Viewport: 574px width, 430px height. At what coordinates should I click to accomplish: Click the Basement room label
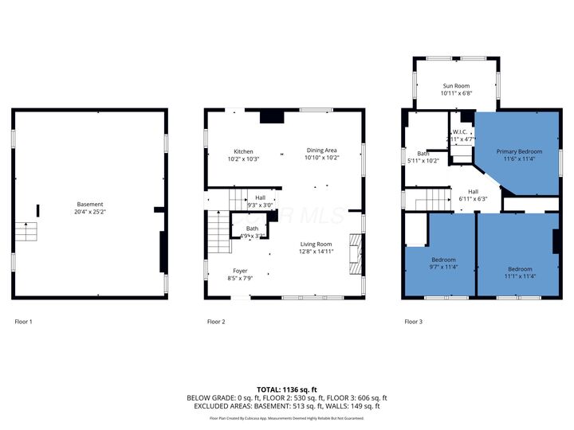click(x=89, y=205)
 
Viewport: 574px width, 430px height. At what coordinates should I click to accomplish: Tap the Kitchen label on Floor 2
click(x=243, y=151)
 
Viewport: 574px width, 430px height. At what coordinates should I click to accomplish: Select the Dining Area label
click(x=321, y=150)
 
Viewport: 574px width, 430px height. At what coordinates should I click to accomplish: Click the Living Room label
click(x=316, y=244)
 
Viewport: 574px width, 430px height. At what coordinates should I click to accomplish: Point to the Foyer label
click(x=240, y=271)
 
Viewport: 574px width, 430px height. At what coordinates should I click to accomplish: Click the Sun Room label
click(x=456, y=85)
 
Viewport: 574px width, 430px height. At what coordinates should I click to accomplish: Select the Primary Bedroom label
click(x=519, y=151)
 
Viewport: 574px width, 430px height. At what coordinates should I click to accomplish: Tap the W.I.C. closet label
click(x=461, y=131)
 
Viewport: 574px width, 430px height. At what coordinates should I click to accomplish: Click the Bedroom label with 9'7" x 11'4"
click(x=443, y=260)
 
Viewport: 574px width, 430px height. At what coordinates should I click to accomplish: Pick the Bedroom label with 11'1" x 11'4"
click(x=520, y=268)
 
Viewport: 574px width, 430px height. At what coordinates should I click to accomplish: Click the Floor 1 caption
click(x=24, y=322)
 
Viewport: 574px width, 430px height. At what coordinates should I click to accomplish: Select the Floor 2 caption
click(x=216, y=322)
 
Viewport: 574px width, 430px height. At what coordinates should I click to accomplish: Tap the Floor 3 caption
click(x=413, y=322)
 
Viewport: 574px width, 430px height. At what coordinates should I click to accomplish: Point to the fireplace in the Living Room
click(x=355, y=254)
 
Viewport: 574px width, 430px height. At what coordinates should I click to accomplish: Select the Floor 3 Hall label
click(x=473, y=192)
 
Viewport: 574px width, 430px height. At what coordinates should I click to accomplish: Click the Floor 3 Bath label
click(x=423, y=154)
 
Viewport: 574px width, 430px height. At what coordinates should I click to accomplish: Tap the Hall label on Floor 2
click(x=260, y=198)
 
